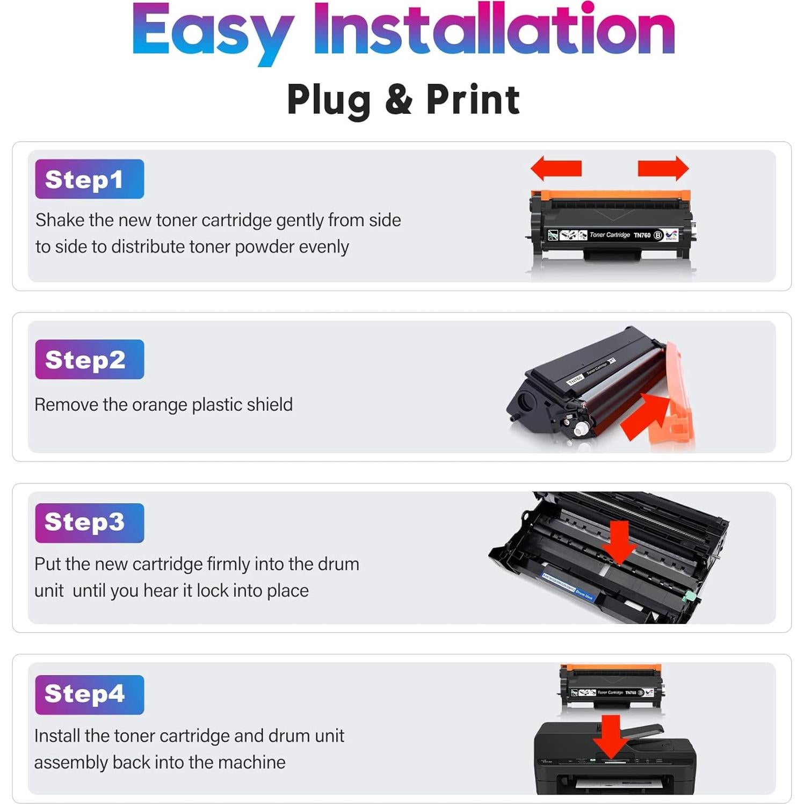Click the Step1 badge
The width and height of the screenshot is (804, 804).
(89, 179)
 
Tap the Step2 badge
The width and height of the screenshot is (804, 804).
(89, 359)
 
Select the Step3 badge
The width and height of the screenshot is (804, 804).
(89, 523)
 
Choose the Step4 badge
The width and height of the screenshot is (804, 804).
(89, 694)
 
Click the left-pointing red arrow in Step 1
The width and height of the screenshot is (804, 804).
(556, 168)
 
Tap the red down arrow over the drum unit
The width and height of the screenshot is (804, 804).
(619, 542)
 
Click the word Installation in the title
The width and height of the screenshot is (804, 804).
(494, 30)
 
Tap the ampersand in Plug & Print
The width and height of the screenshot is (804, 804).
(399, 99)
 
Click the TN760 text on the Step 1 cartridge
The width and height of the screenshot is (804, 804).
(642, 235)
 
